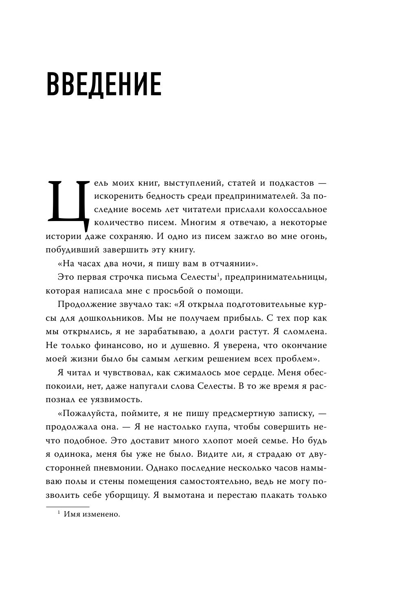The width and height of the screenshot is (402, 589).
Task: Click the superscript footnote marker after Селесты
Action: tap(219, 276)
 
